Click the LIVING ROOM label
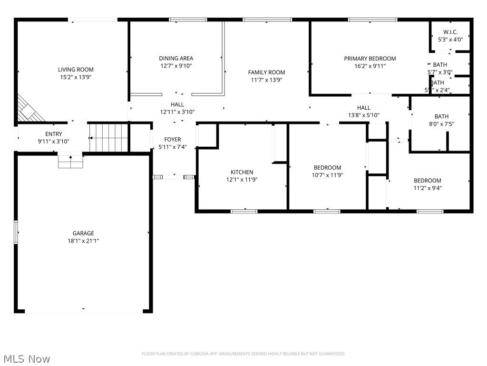pyautogui.click(x=76, y=70)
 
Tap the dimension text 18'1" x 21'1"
pyautogui.click(x=83, y=241)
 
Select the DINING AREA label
pyautogui.click(x=176, y=59)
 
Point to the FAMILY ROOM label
pyautogui.click(x=266, y=72)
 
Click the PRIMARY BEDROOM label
pyautogui.click(x=370, y=59)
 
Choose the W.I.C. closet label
pyautogui.click(x=450, y=32)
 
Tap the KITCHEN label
pyautogui.click(x=242, y=172)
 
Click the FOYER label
pyautogui.click(x=172, y=140)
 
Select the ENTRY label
pyautogui.click(x=53, y=134)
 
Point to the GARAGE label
pyautogui.click(x=83, y=233)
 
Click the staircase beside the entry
pyautogui.click(x=109, y=137)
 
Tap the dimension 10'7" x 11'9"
pyautogui.click(x=327, y=175)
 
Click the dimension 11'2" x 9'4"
pyautogui.click(x=427, y=188)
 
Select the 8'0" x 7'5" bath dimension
pyautogui.click(x=441, y=124)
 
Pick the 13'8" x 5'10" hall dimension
pyautogui.click(x=363, y=115)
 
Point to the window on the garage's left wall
pyautogui.click(x=16, y=233)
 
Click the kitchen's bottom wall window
pyautogui.click(x=244, y=211)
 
